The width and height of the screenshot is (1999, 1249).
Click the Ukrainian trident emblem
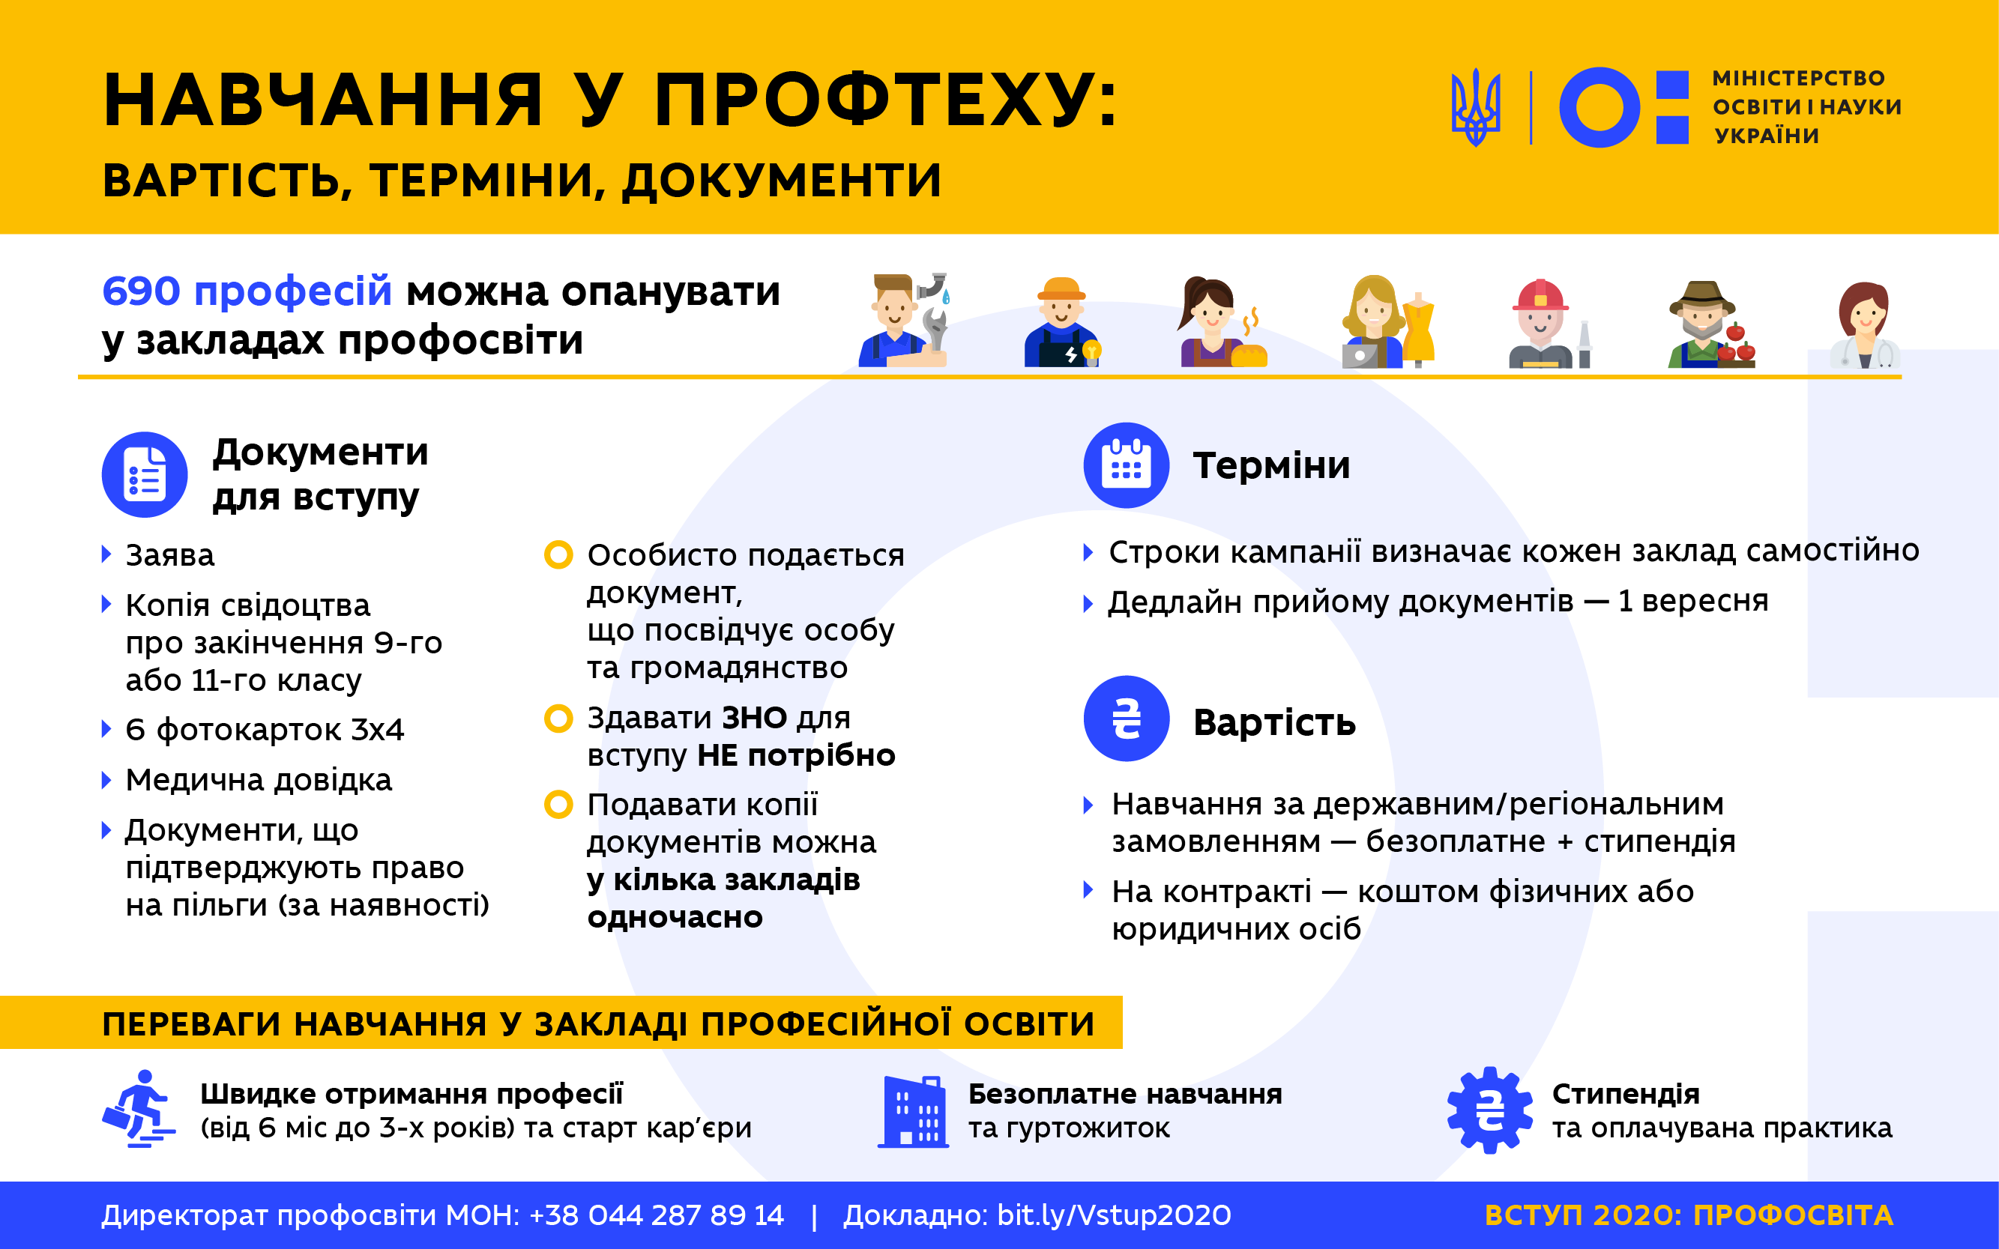pos(1475,107)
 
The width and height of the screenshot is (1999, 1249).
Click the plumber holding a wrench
pos(903,320)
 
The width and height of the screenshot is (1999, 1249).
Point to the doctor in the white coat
pos(1865,324)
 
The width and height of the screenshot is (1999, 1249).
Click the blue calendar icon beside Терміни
pos(1127,465)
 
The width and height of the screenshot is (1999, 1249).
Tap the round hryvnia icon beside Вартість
pos(1127,718)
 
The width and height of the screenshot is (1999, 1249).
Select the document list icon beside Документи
pos(145,475)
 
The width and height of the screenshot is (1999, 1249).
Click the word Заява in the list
pos(170,555)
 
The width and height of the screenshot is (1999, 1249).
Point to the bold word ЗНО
pos(755,718)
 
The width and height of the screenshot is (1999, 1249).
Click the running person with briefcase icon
pos(139,1109)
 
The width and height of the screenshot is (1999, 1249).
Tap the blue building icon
pos(913,1112)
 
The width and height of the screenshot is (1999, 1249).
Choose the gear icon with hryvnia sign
pos(1489,1110)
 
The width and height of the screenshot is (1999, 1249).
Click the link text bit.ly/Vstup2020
pos(1114,1215)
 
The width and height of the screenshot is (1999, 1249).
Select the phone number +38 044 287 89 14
pos(657,1215)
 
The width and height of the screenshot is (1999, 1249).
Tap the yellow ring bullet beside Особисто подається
pos(558,554)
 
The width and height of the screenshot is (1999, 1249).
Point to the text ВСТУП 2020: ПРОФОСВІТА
pos(1689,1215)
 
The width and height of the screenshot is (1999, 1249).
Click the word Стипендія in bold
pos(1626,1094)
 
